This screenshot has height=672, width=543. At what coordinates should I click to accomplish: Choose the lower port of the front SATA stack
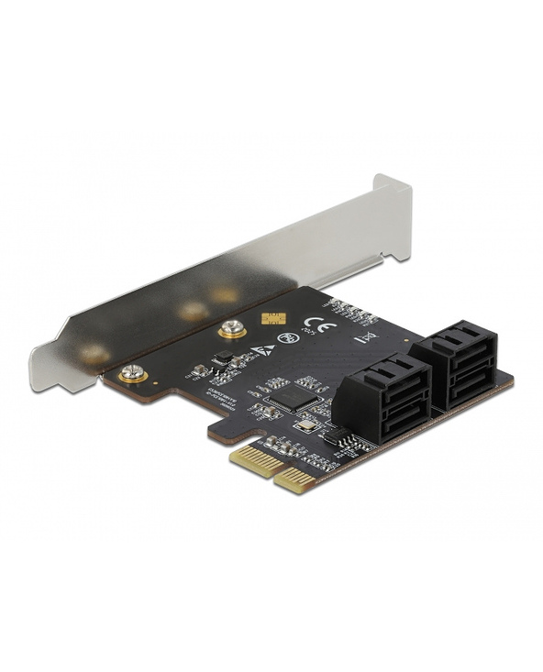point(393,410)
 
